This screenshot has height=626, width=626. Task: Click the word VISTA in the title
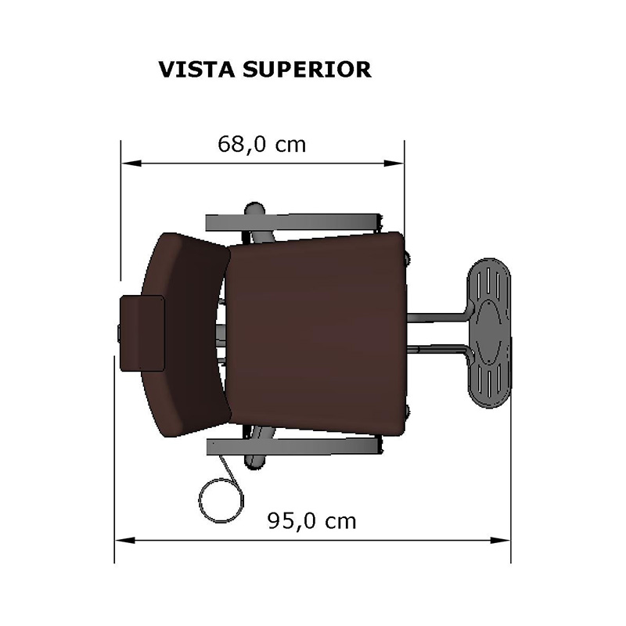click(x=196, y=70)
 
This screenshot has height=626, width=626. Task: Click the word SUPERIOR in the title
click(x=307, y=70)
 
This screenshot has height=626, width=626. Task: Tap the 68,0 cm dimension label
click(x=262, y=144)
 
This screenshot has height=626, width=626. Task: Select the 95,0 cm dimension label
click(x=311, y=521)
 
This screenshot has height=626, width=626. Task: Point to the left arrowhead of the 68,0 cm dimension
click(x=131, y=164)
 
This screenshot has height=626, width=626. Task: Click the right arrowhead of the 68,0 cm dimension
click(x=394, y=164)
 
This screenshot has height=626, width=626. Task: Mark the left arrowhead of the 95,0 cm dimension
click(x=125, y=540)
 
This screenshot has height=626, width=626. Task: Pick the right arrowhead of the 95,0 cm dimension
click(x=500, y=540)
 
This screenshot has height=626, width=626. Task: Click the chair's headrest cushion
click(x=142, y=333)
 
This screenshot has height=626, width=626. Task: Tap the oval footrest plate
click(x=488, y=333)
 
